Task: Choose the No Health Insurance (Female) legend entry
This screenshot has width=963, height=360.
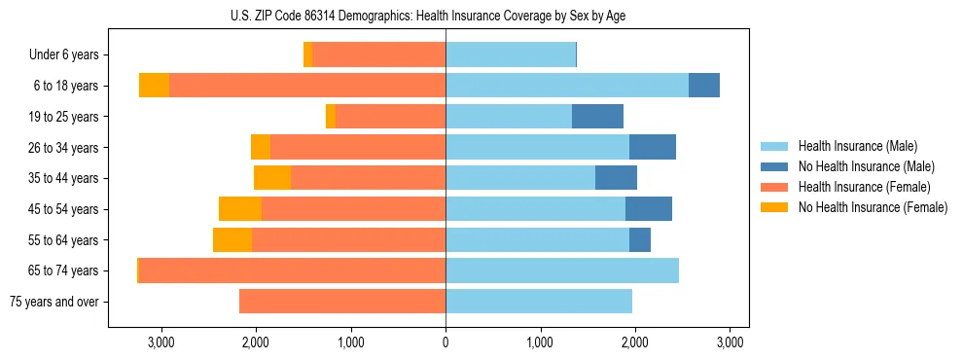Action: click(873, 207)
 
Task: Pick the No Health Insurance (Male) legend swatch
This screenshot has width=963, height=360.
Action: click(774, 166)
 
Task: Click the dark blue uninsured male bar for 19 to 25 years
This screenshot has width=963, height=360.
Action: click(597, 117)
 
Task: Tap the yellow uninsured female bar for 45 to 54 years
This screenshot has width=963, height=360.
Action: click(240, 209)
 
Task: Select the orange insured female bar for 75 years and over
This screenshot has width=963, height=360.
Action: click(342, 302)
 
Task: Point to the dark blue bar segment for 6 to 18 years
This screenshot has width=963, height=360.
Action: click(704, 86)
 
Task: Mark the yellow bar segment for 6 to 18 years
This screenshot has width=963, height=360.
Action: click(154, 86)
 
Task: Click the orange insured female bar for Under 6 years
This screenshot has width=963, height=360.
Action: click(379, 55)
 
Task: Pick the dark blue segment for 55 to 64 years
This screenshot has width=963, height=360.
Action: click(640, 240)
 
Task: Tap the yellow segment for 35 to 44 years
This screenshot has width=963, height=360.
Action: click(272, 178)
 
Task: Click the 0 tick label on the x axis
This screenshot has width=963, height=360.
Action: click(446, 342)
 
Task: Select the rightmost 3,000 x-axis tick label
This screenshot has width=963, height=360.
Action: click(730, 342)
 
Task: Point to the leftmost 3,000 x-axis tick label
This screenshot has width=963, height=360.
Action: click(160, 342)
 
